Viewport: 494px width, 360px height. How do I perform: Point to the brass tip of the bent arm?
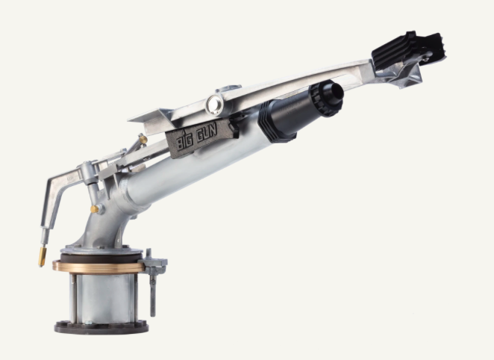click(43, 258)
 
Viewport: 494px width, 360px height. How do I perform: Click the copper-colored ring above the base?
click(99, 266)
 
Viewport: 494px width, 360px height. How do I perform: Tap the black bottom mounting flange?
click(101, 326)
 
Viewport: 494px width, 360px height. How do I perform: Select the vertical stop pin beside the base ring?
click(152, 284)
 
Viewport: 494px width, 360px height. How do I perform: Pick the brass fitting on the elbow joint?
click(96, 209)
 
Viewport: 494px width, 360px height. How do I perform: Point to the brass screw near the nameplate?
click(142, 140)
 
